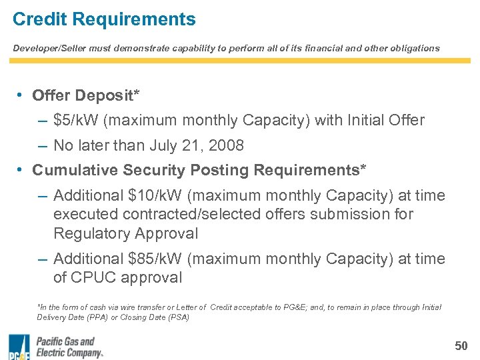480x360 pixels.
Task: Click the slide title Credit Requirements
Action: point(104,19)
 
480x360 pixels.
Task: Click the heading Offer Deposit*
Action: point(86,95)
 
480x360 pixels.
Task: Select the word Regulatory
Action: point(91,233)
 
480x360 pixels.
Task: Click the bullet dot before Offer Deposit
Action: point(21,95)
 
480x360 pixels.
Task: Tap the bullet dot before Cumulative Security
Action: point(21,170)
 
